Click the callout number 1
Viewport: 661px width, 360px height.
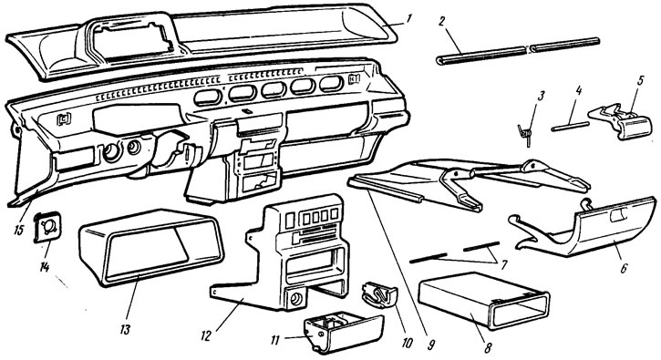409,18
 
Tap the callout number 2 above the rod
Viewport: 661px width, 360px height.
441,22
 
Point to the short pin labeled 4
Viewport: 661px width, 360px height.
570,127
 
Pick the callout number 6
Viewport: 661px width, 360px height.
625,268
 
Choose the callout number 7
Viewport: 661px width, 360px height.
504,264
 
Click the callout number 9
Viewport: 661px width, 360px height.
430,345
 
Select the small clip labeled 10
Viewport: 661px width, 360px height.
379,294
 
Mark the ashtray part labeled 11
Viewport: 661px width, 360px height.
343,332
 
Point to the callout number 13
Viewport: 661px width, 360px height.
125,329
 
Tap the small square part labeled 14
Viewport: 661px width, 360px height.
46,227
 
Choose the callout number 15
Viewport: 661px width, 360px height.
18,231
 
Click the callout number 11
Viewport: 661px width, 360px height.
274,339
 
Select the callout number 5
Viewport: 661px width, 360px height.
640,80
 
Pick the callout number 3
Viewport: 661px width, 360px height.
542,96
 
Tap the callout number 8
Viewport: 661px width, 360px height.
488,348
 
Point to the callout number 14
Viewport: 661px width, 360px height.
45,267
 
